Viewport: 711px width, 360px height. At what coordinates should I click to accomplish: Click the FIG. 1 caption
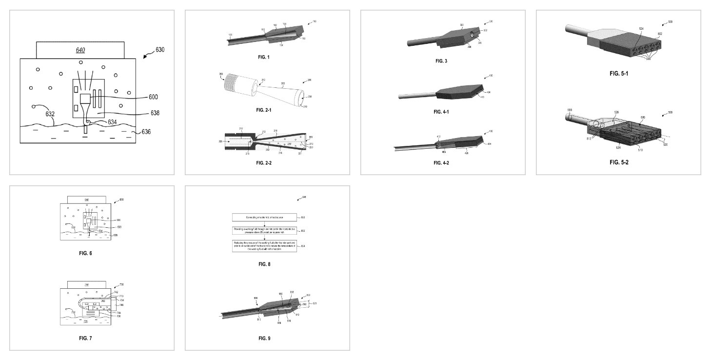click(264, 57)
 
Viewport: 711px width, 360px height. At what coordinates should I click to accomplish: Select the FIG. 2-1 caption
click(264, 110)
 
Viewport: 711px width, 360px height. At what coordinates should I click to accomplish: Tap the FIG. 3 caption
click(441, 61)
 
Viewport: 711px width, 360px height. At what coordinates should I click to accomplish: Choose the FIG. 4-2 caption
click(441, 162)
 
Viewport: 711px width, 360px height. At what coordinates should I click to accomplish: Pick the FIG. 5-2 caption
click(619, 162)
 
